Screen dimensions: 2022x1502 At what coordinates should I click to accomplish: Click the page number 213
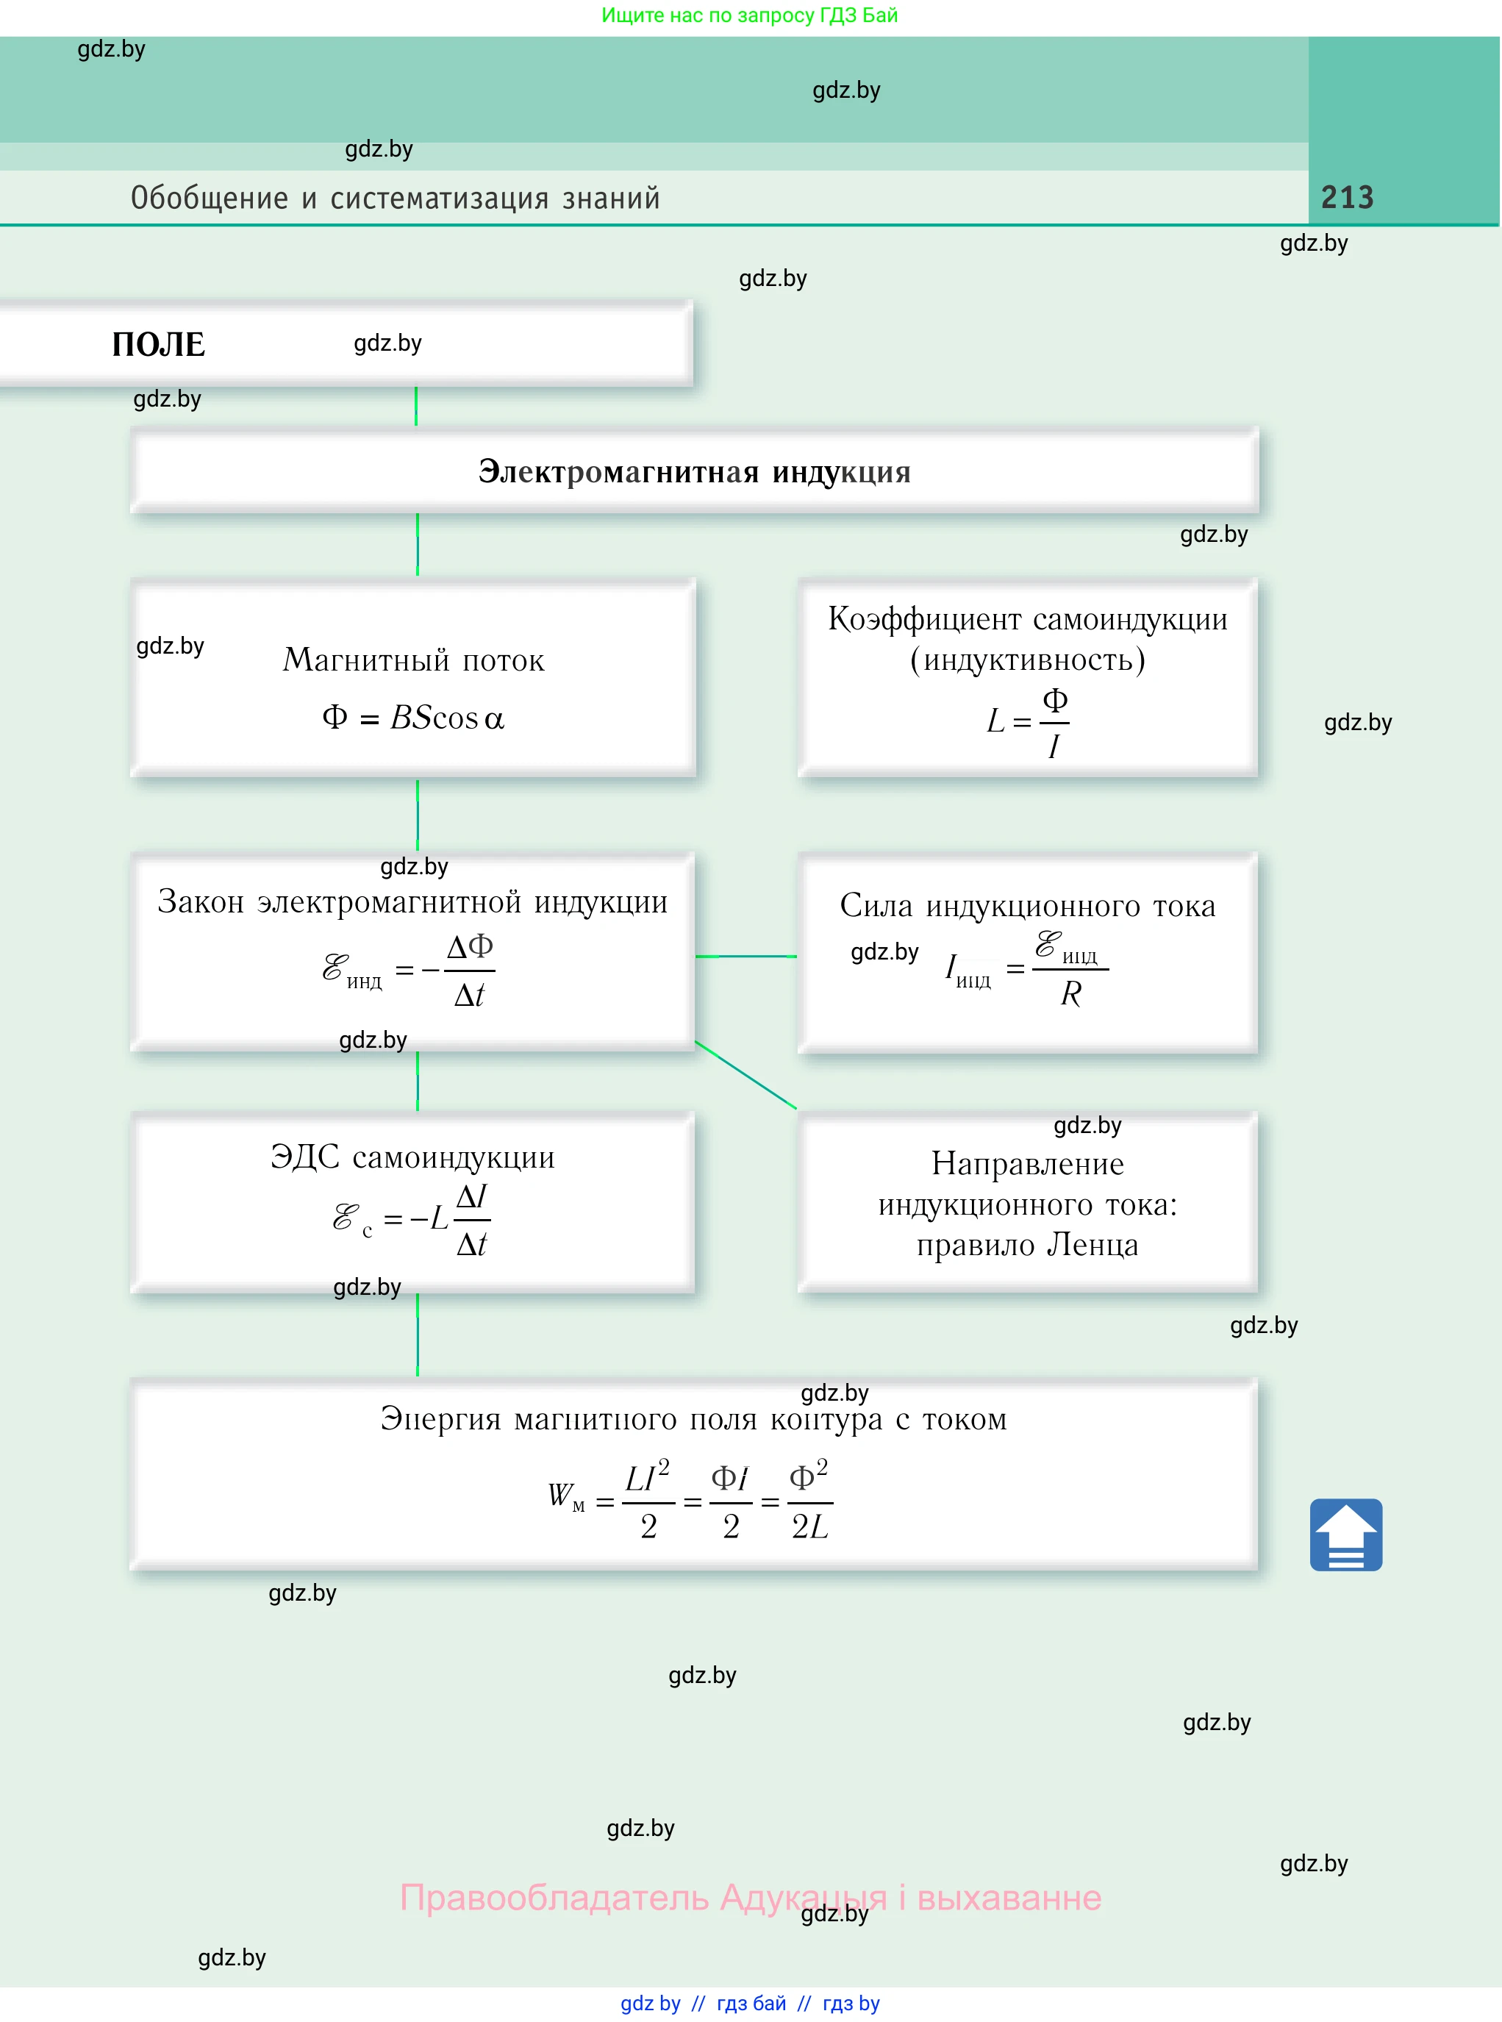pyautogui.click(x=1347, y=197)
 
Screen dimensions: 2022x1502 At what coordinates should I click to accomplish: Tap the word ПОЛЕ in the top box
pyautogui.click(x=158, y=345)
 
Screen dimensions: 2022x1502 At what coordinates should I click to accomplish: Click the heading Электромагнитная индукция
pyautogui.click(x=694, y=472)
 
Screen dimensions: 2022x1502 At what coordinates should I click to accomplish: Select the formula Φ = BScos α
pyautogui.click(x=412, y=718)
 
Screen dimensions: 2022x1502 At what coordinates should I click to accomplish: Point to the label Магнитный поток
pyautogui.click(x=414, y=660)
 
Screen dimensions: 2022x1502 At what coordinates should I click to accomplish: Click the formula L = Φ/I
pyautogui.click(x=1029, y=724)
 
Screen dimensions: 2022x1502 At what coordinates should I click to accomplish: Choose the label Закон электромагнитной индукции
pyautogui.click(x=412, y=902)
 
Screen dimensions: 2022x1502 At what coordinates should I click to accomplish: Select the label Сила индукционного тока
pyautogui.click(x=1027, y=906)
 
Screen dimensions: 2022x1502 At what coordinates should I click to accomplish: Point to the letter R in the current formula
pyautogui.click(x=1071, y=995)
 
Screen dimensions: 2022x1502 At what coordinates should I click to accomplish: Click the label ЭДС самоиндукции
pyautogui.click(x=412, y=1157)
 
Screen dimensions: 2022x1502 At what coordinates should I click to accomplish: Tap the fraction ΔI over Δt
pyautogui.click(x=471, y=1220)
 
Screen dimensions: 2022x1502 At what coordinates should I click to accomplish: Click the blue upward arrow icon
pyautogui.click(x=1345, y=1535)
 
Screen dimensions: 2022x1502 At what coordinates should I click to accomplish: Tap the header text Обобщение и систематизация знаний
pyautogui.click(x=396, y=199)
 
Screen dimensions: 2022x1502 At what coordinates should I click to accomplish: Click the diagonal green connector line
pyautogui.click(x=745, y=1075)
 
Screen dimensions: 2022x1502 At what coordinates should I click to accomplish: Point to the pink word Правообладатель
pyautogui.click(x=554, y=1898)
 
